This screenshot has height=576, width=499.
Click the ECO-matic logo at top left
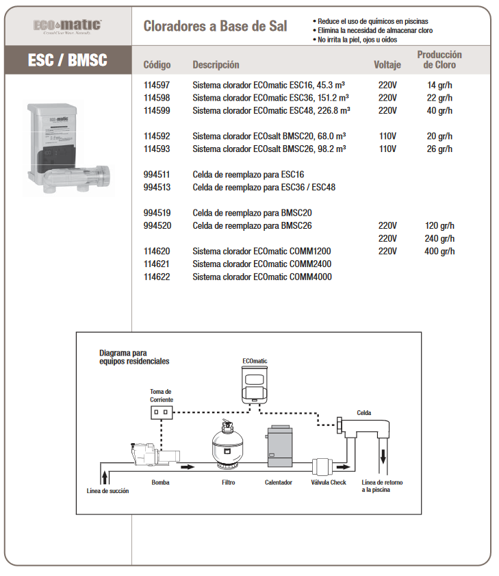[x=68, y=26]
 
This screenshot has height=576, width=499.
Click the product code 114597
[x=157, y=85]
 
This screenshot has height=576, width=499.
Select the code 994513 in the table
[x=157, y=188]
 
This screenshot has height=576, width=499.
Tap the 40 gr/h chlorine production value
[x=439, y=110]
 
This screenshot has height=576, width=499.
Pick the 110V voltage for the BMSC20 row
[x=387, y=136]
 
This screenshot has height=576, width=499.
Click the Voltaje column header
[x=387, y=65]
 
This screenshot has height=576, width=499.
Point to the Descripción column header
[x=216, y=65]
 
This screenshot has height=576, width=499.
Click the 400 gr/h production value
[x=439, y=251]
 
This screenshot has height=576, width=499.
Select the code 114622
[x=157, y=277]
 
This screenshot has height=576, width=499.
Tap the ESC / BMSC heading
[x=68, y=60]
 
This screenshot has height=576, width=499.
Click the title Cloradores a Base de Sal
[x=215, y=26]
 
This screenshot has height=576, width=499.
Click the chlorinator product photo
[x=68, y=148]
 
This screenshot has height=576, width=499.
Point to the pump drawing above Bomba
[x=155, y=455]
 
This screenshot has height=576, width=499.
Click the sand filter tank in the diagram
[x=228, y=445]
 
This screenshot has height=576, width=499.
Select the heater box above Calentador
[x=280, y=446]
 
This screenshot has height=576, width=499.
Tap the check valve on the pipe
[x=322, y=467]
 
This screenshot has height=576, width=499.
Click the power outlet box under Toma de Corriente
[x=162, y=412]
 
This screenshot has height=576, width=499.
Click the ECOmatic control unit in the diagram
[x=255, y=386]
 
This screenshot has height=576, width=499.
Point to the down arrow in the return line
[x=383, y=457]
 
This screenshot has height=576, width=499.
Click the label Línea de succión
[x=107, y=491]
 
